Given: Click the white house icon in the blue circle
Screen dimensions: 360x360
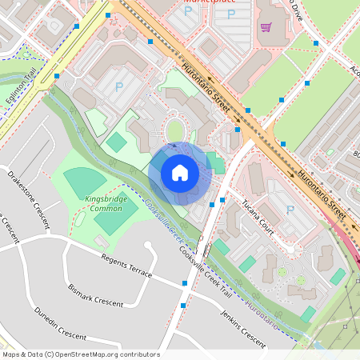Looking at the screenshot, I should click(180, 173).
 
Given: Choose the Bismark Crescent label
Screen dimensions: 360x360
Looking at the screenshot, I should click(96, 294).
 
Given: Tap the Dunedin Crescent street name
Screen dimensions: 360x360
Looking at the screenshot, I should click(59, 323).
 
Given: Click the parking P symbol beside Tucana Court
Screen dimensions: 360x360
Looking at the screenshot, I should click(290, 210).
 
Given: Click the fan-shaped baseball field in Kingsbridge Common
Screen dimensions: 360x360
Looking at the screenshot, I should click(85, 182).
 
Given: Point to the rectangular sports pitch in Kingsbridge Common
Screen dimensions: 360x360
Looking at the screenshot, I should click(117, 217).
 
